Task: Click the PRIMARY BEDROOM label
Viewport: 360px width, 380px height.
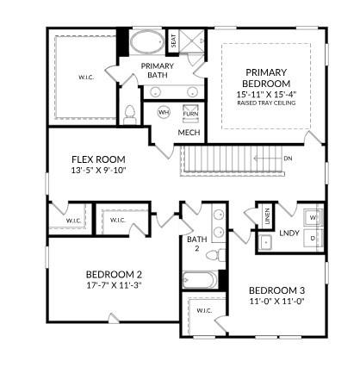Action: coord(271,78)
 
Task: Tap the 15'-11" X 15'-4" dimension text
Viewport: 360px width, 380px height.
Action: coord(271,93)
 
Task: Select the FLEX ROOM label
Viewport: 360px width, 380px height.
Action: coord(98,159)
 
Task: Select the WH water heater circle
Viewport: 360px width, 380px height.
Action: coord(163,113)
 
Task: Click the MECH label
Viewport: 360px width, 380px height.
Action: coord(189,133)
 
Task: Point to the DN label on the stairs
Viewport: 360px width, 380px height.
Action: coord(287,159)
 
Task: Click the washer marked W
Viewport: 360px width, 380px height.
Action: coord(313,218)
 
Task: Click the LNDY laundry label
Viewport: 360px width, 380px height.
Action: coord(289,234)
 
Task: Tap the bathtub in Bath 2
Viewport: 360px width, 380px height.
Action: coord(200,280)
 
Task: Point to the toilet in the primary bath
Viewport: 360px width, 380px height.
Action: coord(130,114)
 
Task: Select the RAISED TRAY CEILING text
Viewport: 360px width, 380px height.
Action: coord(271,103)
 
